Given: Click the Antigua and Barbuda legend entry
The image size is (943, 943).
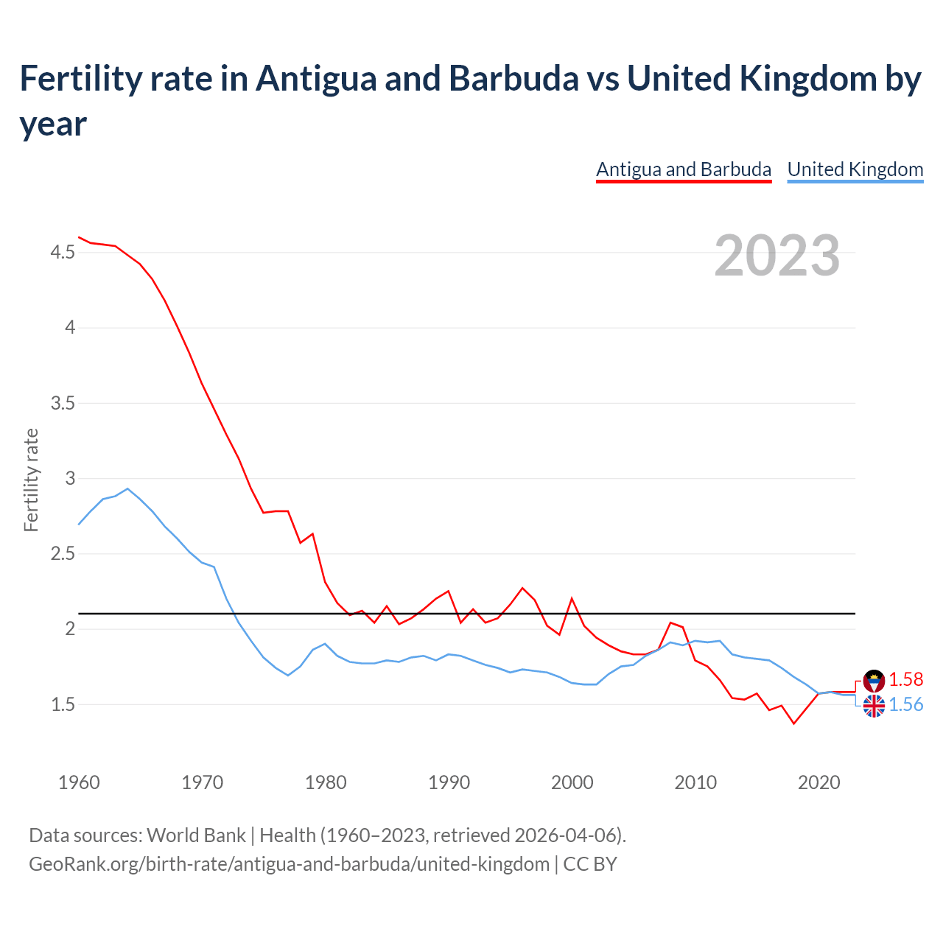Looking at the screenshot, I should point(683,169).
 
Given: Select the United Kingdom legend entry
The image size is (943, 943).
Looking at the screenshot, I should point(855,169).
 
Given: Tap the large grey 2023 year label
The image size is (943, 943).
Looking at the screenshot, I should point(777,255).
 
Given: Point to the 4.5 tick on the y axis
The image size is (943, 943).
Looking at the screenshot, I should point(63,253).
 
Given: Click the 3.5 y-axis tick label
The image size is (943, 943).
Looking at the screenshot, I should point(63,403).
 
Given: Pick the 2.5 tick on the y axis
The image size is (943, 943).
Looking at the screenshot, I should point(63,553).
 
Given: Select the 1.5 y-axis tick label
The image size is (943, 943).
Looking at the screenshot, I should point(63,704).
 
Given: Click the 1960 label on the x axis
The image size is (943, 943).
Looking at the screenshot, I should point(79,782).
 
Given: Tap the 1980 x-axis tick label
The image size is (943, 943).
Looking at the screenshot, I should point(326,782).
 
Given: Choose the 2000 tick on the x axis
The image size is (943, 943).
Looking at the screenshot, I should point(572,782).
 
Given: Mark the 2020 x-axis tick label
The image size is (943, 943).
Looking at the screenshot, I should point(818,782).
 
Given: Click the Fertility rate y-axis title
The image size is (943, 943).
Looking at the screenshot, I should point(31,480).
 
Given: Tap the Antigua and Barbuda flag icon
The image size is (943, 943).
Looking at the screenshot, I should point(874,680).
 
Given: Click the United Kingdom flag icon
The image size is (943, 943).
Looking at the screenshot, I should point(874,706).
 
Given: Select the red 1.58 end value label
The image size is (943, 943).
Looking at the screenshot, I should point(905,679).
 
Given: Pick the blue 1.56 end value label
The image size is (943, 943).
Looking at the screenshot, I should point(905,705).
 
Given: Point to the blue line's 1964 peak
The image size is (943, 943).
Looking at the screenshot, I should point(128,488).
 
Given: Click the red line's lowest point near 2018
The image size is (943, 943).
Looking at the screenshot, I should point(793,723).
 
